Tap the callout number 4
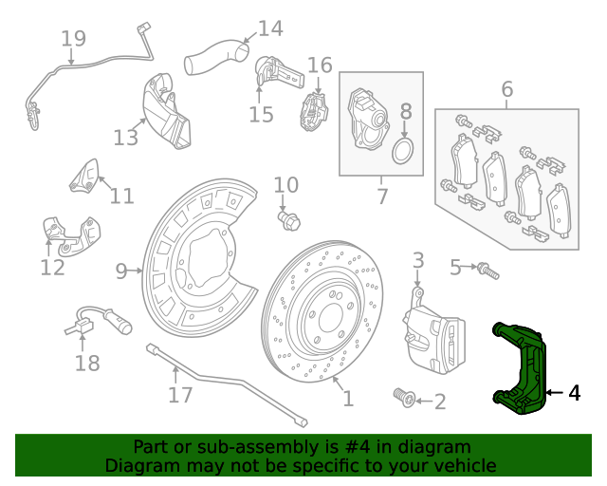pos(574,392)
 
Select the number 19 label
pos(73,39)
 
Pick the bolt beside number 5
pos(488,271)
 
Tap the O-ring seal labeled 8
pos(404,152)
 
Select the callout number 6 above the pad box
pos(507,90)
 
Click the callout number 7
pos(382,197)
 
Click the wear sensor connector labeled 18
pos(82,327)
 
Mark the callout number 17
pos(180,394)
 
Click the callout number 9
pos(121,272)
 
